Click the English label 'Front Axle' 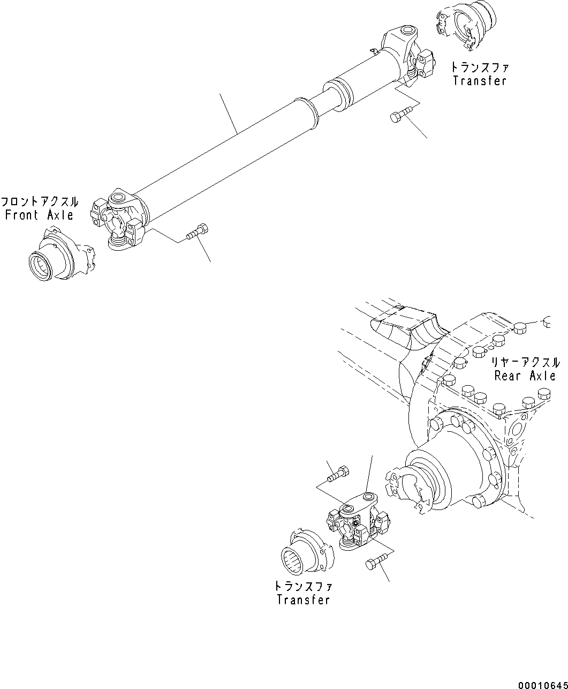point(39,215)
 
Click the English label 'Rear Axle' point(525,376)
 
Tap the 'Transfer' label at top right point(479,81)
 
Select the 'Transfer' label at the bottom point(303,600)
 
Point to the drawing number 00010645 point(541,685)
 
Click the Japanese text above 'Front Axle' point(39,203)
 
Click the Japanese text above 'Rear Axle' point(525,363)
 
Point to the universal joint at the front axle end point(120,221)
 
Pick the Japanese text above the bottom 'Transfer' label point(303,587)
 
